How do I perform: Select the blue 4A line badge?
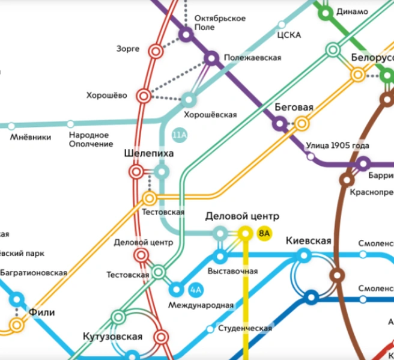point(195,290)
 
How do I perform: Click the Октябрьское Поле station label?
point(220,23)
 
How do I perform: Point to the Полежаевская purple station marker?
point(211,58)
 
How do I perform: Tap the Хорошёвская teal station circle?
point(189,99)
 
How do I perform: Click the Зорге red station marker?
point(156,52)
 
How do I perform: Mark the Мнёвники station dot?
point(10,126)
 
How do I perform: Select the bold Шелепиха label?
point(148,154)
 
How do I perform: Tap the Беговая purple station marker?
point(279,124)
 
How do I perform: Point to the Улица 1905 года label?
point(337,145)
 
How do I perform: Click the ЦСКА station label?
point(289,35)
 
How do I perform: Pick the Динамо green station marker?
point(326,12)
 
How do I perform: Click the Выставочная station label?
point(232,272)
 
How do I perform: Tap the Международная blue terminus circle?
point(176,290)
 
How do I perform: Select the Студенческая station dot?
point(210,329)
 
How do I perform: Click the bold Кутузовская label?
point(113,337)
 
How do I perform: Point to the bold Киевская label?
point(308,241)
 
